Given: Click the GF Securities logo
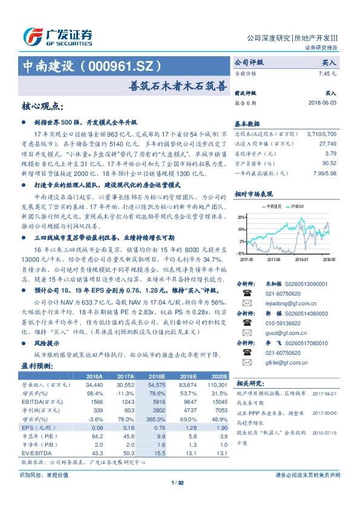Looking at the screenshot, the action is (x=57, y=37).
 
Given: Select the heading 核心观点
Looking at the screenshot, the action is (x=42, y=106).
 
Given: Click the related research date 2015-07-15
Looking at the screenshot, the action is (x=326, y=432).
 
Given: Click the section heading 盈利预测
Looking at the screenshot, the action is (x=38, y=366).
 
